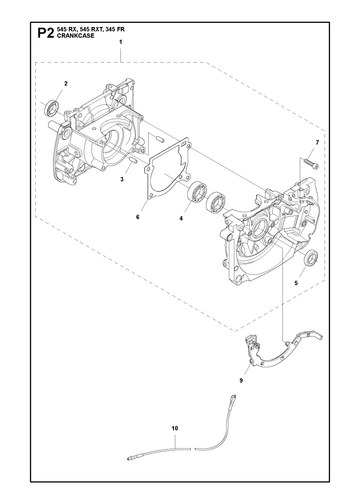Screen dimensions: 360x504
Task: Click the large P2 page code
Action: coord(45,33)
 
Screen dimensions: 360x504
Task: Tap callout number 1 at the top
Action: coord(121,42)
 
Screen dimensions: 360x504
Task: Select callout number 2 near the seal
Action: coord(66,83)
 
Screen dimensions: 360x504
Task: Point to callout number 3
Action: coord(122,179)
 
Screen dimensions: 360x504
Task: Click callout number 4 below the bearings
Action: coord(181,219)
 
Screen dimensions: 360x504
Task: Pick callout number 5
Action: coord(296,283)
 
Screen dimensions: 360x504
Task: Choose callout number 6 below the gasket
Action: coord(137,217)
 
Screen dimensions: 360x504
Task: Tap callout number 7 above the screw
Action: coord(317,143)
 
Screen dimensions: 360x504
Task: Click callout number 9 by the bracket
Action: coord(241,380)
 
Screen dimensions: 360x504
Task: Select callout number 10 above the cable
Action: coord(175,428)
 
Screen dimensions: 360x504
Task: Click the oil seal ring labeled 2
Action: coord(52,108)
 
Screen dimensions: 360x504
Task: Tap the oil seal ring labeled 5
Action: coord(311,257)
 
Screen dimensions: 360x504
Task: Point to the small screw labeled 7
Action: coord(311,164)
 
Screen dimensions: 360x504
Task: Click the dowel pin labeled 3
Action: coord(133,160)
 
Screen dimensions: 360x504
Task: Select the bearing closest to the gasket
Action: coord(197,191)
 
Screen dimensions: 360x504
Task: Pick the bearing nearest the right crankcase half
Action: coord(216,202)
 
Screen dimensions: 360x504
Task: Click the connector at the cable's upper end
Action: coord(233,398)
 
